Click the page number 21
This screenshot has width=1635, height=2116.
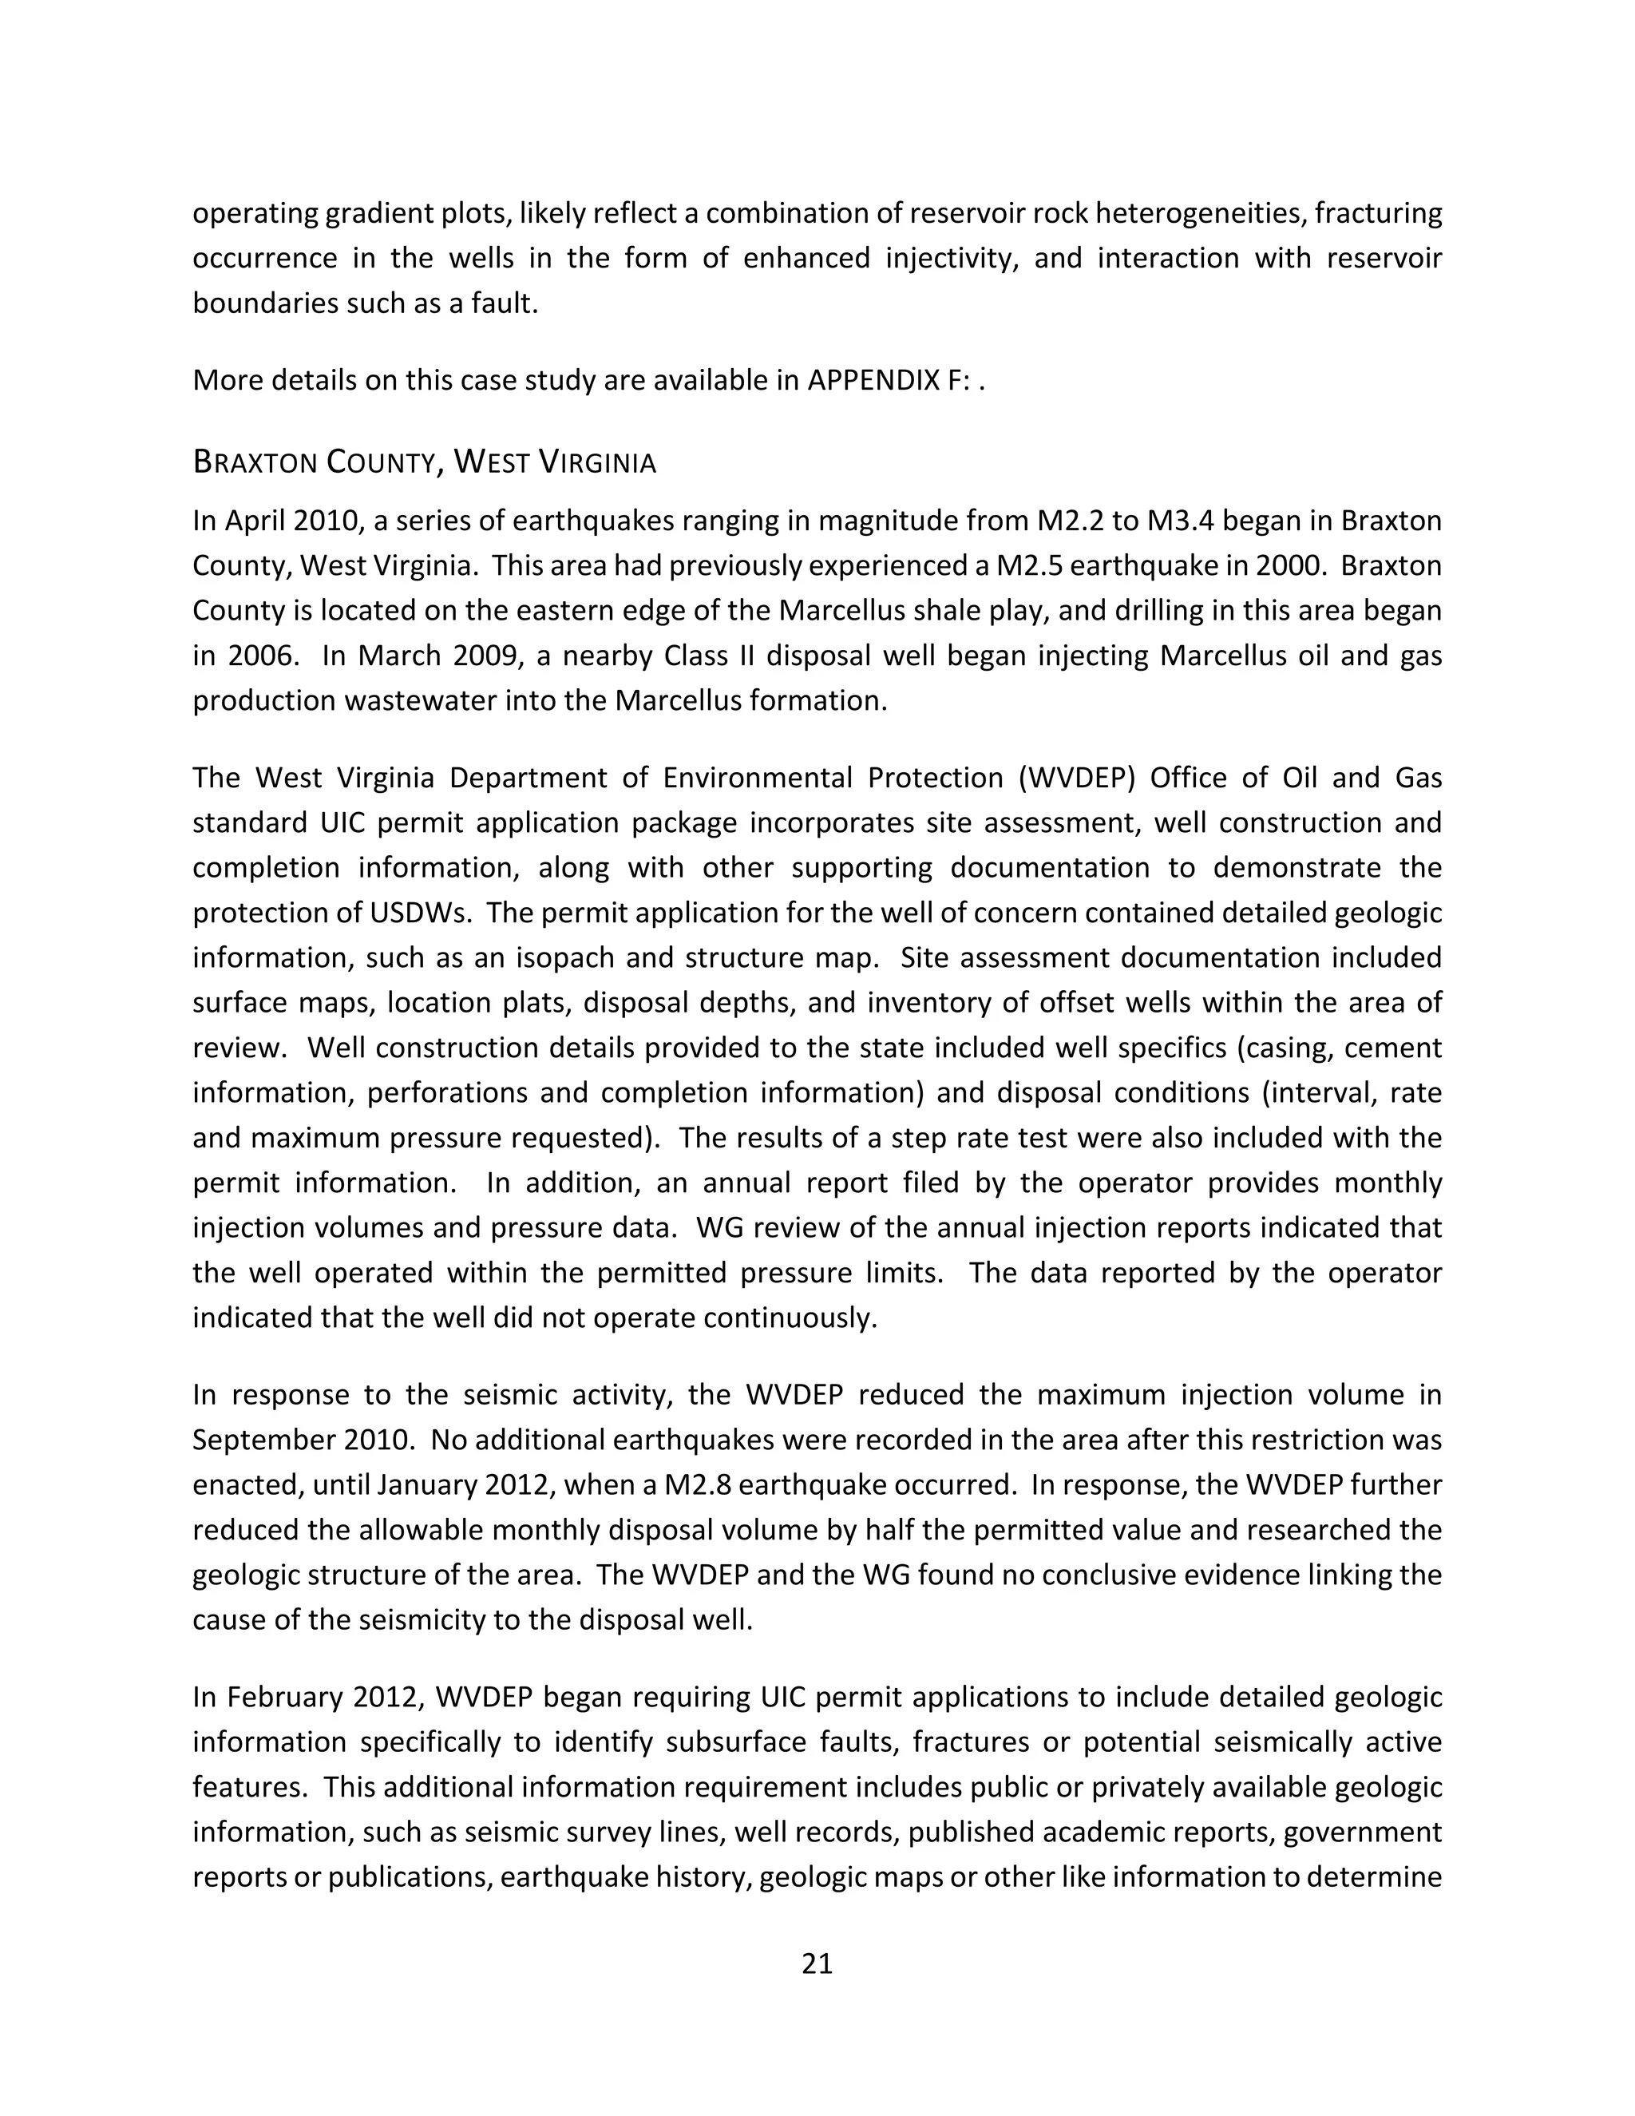click(817, 1964)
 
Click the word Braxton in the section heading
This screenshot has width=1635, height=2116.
click(255, 463)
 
